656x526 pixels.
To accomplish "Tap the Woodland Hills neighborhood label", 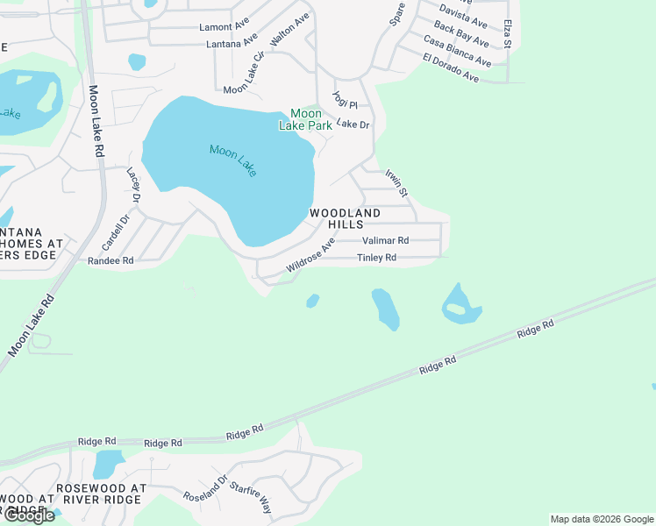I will pyautogui.click(x=346, y=219).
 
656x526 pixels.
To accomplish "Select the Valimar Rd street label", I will pyautogui.click(x=386, y=240).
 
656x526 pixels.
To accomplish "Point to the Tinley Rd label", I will pyautogui.click(x=377, y=258).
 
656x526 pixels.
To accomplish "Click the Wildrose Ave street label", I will pyautogui.click(x=310, y=255).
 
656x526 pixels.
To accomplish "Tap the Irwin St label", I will pyautogui.click(x=397, y=182).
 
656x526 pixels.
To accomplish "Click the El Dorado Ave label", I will pyautogui.click(x=450, y=68).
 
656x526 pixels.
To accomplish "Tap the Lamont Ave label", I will pyautogui.click(x=225, y=27).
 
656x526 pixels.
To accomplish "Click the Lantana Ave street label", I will pyautogui.click(x=232, y=43).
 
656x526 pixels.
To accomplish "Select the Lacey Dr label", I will pyautogui.click(x=134, y=185).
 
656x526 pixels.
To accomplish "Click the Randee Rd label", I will pyautogui.click(x=111, y=260).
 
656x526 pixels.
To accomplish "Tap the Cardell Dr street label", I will pyautogui.click(x=115, y=232).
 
